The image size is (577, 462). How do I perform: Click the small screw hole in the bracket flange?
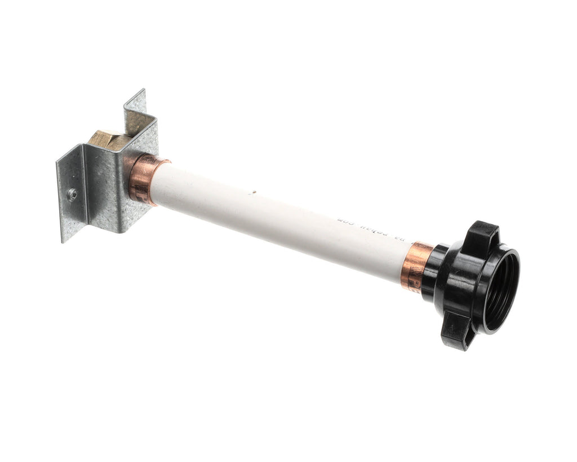pyautogui.click(x=72, y=195)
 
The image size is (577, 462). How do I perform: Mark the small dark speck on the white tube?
pyautogui.click(x=254, y=191)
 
